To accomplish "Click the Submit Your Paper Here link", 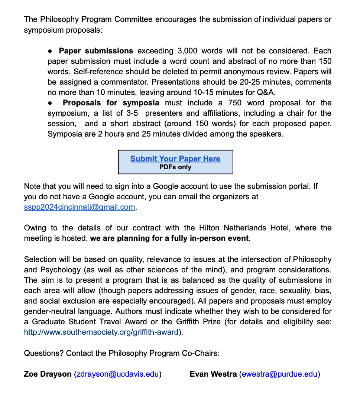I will click(175, 159).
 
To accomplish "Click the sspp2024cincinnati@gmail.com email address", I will click(79, 207).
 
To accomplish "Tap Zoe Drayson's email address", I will click(117, 374).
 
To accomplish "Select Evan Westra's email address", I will click(280, 374).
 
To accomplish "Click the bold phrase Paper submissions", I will click(96, 51).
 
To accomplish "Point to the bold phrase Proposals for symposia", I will click(111, 103).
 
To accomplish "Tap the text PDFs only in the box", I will click(175, 167).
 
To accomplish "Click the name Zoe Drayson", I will click(48, 374).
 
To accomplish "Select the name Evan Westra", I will click(213, 374).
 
